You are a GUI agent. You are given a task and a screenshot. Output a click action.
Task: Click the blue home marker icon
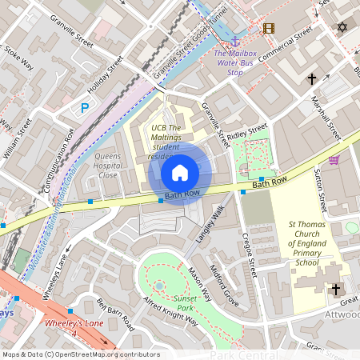[x=180, y=172]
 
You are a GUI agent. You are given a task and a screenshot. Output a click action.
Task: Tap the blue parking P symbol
[x=85, y=108]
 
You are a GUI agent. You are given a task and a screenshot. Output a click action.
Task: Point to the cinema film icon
[x=268, y=28]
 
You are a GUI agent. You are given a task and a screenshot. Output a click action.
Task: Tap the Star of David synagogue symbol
[x=343, y=28]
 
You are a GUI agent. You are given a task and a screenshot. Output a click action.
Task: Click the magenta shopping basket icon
[x=334, y=160]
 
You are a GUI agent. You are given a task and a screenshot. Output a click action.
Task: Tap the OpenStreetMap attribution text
[x=80, y=354]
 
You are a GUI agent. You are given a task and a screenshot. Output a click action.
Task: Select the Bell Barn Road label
[x=117, y=316]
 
